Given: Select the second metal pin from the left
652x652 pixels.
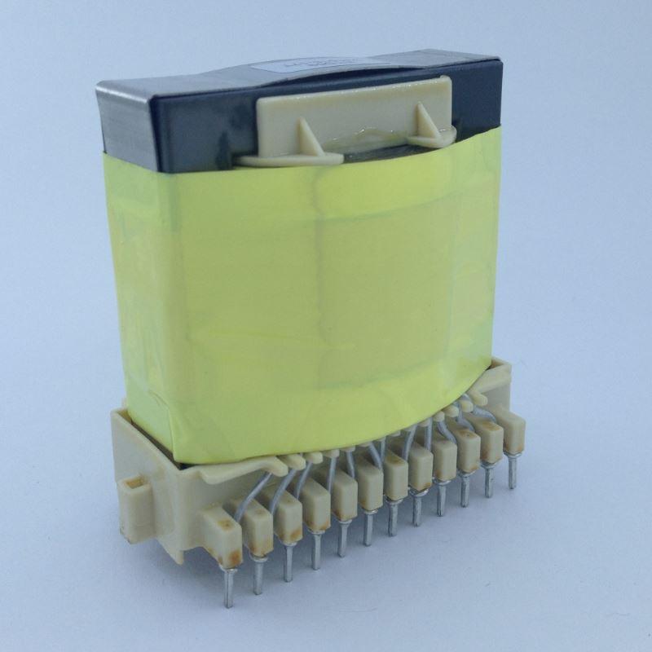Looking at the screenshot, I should coord(258,575).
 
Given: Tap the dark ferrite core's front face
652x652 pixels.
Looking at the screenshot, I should coord(187,130).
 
